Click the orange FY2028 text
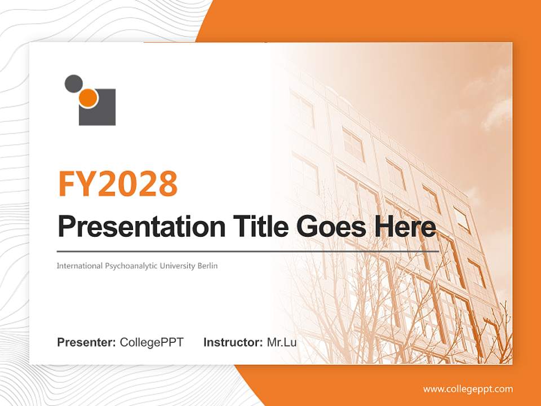pyautogui.click(x=118, y=183)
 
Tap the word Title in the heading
pyautogui.click(x=257, y=226)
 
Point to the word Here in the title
pyautogui.click(x=402, y=227)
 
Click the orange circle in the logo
pyautogui.click(x=88, y=99)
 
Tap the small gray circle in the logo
pyautogui.click(x=73, y=83)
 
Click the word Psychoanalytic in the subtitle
pyautogui.click(x=130, y=266)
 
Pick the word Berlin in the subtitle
pyautogui.click(x=207, y=266)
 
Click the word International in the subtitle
pyautogui.click(x=79, y=266)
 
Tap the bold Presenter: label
pyautogui.click(x=87, y=342)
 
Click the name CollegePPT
pyautogui.click(x=152, y=342)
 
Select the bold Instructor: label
pyautogui.click(x=233, y=342)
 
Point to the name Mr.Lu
pyautogui.click(x=282, y=342)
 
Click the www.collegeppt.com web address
pyautogui.click(x=468, y=389)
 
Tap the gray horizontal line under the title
pyautogui.click(x=248, y=251)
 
